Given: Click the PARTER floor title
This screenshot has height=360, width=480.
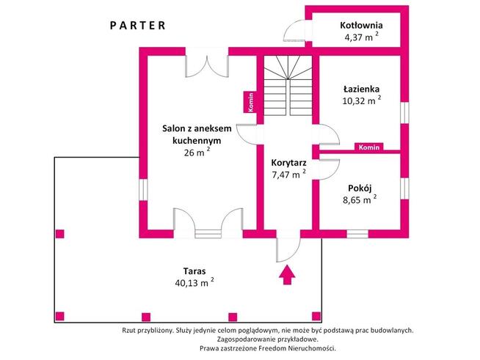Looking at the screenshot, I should [x=138, y=24].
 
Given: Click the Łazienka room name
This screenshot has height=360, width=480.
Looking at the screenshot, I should [x=360, y=89].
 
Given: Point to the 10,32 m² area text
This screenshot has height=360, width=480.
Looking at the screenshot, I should [x=360, y=102].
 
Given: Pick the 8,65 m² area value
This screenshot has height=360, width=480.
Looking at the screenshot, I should [x=359, y=199].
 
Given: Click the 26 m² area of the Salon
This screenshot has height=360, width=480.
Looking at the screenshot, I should [x=197, y=153].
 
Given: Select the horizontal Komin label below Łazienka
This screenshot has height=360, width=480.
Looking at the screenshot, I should [x=368, y=147].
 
